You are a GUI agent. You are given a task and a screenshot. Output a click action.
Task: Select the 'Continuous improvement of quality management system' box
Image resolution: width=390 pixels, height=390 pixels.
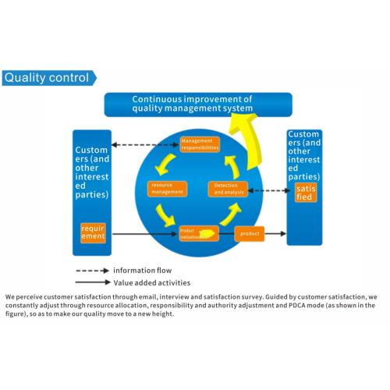click(198, 105)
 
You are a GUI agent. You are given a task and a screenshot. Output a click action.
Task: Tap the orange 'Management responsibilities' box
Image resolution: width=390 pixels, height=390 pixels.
click(200, 144)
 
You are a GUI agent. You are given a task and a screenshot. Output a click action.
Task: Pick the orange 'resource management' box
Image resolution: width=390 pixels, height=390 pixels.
click(166, 188)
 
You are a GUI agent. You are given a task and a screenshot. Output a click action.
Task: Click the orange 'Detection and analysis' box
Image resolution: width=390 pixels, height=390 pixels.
click(228, 189)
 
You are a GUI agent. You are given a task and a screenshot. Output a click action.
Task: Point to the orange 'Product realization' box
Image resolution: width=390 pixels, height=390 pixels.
click(197, 232)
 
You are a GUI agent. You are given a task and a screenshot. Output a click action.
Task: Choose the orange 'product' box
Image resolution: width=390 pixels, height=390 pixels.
click(250, 232)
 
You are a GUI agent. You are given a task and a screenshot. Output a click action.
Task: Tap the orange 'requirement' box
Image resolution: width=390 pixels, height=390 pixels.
click(93, 232)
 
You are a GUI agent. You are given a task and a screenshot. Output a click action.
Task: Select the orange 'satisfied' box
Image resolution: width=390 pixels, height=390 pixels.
click(306, 193)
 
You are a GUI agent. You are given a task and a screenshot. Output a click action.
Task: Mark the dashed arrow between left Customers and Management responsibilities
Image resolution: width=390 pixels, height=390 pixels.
click(147, 144)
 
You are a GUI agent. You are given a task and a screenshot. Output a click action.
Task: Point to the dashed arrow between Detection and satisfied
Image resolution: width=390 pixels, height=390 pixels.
click(267, 190)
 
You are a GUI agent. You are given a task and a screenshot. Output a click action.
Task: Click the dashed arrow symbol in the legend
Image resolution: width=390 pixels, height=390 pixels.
click(93, 271)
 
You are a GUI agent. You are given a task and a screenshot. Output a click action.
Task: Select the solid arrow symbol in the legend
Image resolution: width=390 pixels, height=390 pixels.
click(93, 282)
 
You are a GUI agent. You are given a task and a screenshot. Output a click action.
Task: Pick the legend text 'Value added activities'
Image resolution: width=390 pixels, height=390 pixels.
click(151, 282)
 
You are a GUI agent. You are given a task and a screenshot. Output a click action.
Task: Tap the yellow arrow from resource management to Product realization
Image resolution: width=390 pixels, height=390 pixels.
click(165, 214)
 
